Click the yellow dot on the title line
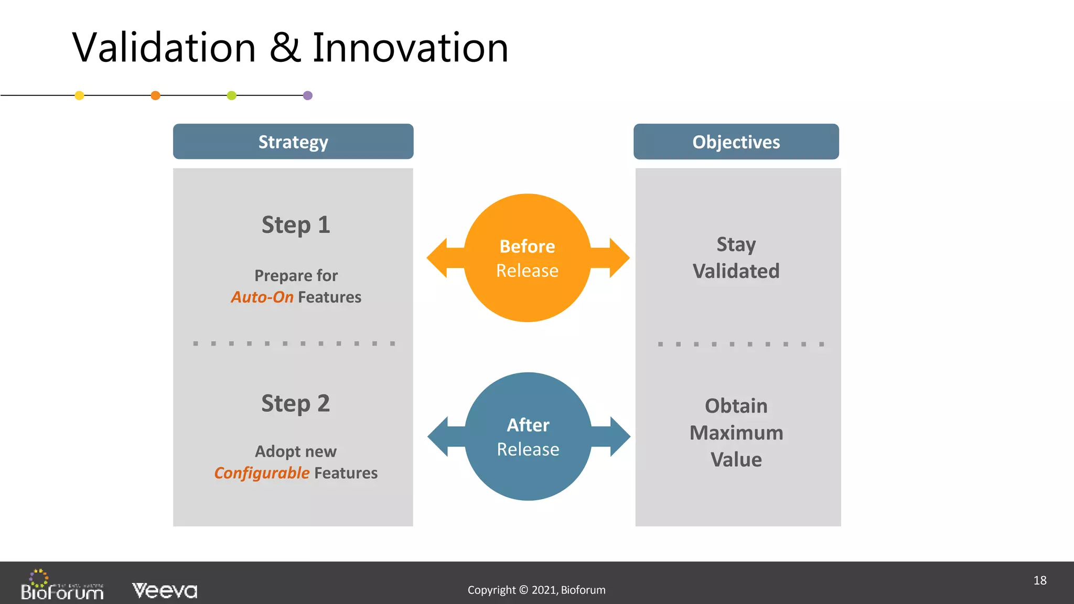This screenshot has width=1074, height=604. point(79,95)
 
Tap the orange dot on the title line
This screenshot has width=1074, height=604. point(155,95)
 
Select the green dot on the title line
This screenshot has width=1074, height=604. point(231,95)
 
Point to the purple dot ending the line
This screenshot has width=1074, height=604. point(308,95)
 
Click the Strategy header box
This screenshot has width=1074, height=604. point(293,142)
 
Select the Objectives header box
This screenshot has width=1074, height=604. point(736,142)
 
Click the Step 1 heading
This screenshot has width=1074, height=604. point(296,225)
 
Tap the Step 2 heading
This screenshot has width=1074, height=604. point(296,404)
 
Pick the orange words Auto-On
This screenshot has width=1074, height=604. point(262,297)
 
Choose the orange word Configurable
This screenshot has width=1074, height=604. point(262,473)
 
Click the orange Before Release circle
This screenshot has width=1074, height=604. point(527,258)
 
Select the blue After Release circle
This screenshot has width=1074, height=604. point(528,437)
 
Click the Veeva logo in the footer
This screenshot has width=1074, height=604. point(165,591)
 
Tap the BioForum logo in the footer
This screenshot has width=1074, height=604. point(62,586)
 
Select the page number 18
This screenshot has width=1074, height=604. point(1040,580)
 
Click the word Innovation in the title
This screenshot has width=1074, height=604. point(410,48)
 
